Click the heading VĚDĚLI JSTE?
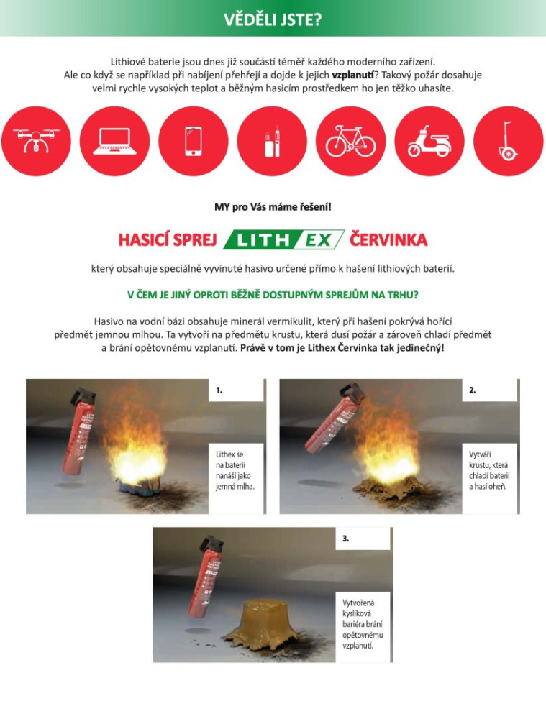(x=273, y=19)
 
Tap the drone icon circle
(x=36, y=141)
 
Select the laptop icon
(x=114, y=141)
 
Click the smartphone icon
(x=194, y=141)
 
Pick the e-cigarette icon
(x=272, y=141)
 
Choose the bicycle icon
(x=351, y=141)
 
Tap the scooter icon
(x=429, y=141)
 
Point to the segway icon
(x=509, y=141)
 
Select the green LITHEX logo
(x=283, y=239)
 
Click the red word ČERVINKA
(x=388, y=240)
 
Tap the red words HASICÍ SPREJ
(x=168, y=240)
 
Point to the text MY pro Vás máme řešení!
(x=273, y=207)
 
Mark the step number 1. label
(x=219, y=390)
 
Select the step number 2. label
(x=472, y=390)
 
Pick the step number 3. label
(x=345, y=539)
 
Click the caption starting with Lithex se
(x=235, y=470)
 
